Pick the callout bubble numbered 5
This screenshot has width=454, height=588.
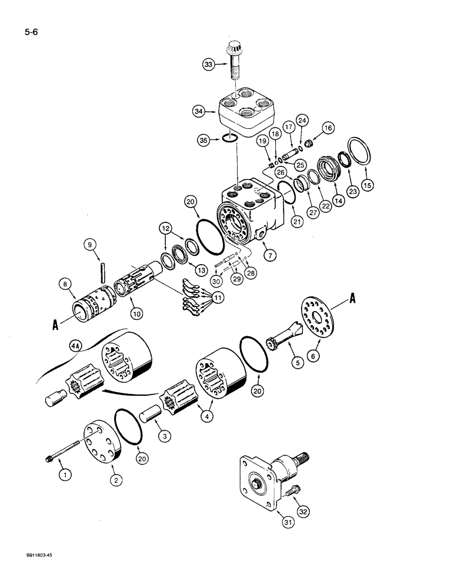tap(296, 363)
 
